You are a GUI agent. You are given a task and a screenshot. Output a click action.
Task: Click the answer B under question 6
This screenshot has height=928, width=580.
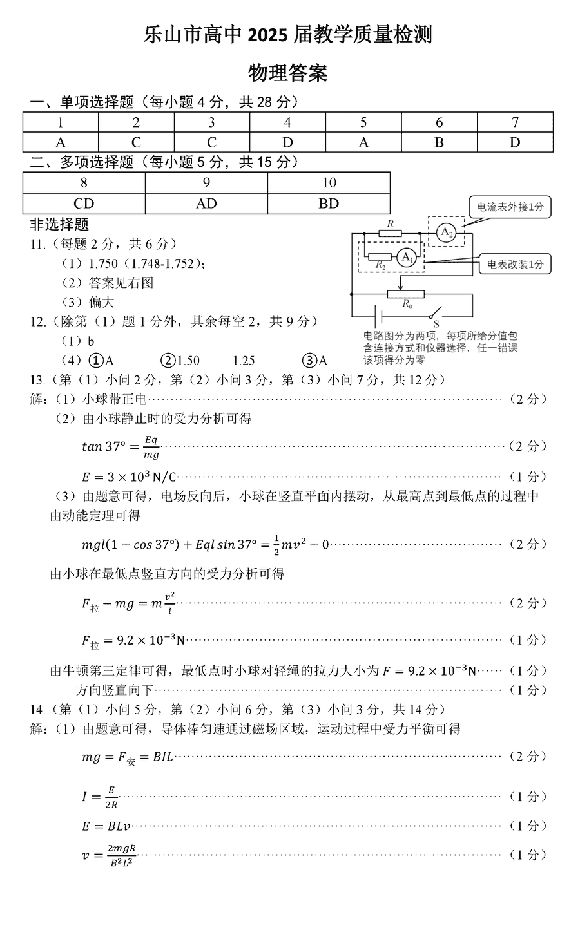click(439, 142)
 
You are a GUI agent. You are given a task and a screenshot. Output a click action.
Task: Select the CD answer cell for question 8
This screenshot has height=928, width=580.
click(84, 204)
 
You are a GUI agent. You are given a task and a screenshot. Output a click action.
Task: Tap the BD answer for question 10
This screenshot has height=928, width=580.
click(329, 204)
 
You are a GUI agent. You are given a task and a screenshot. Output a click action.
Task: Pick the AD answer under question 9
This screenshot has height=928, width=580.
click(206, 204)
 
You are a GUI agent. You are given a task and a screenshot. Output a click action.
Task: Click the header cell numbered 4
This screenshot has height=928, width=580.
click(287, 122)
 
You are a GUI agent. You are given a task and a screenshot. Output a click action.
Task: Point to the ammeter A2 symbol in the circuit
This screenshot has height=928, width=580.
click(447, 232)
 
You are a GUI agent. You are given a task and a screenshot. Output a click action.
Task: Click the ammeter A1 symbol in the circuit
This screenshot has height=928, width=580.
click(405, 258)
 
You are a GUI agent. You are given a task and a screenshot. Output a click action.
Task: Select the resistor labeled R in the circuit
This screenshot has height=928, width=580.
click(390, 232)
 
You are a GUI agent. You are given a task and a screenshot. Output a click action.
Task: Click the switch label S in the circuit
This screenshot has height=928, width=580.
click(435, 323)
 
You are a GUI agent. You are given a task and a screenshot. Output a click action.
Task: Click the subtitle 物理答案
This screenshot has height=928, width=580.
click(288, 73)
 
